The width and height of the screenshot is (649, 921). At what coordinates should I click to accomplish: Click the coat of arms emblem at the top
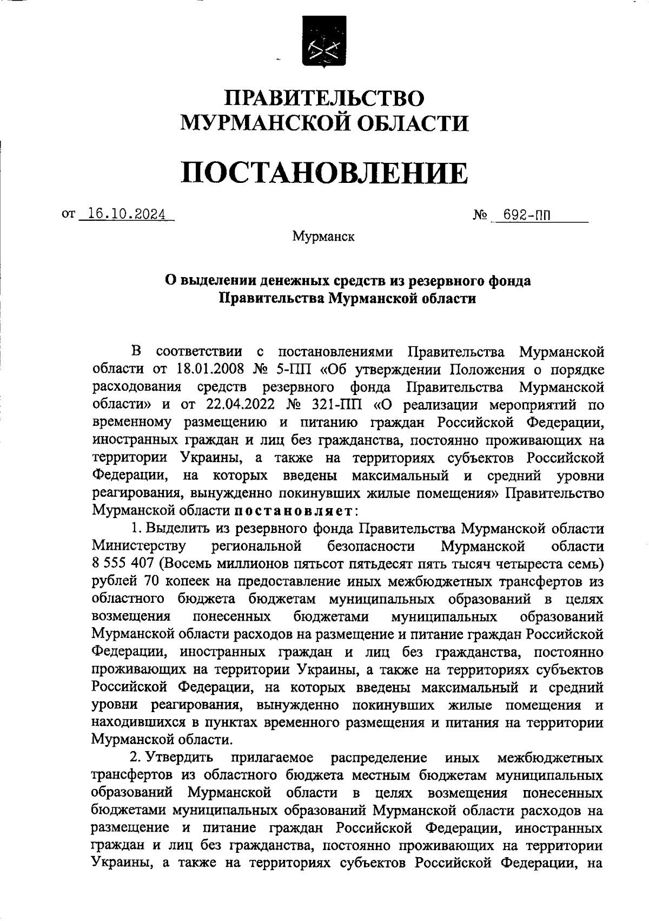[x=324, y=42]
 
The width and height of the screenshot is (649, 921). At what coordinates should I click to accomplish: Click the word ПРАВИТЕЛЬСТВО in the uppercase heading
[x=325, y=99]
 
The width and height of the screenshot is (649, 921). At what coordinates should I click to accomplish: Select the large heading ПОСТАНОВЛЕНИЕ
[x=324, y=173]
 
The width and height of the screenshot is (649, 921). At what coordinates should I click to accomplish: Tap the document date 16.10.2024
[x=127, y=214]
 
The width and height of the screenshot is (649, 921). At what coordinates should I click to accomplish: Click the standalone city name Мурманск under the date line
[x=323, y=236]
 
